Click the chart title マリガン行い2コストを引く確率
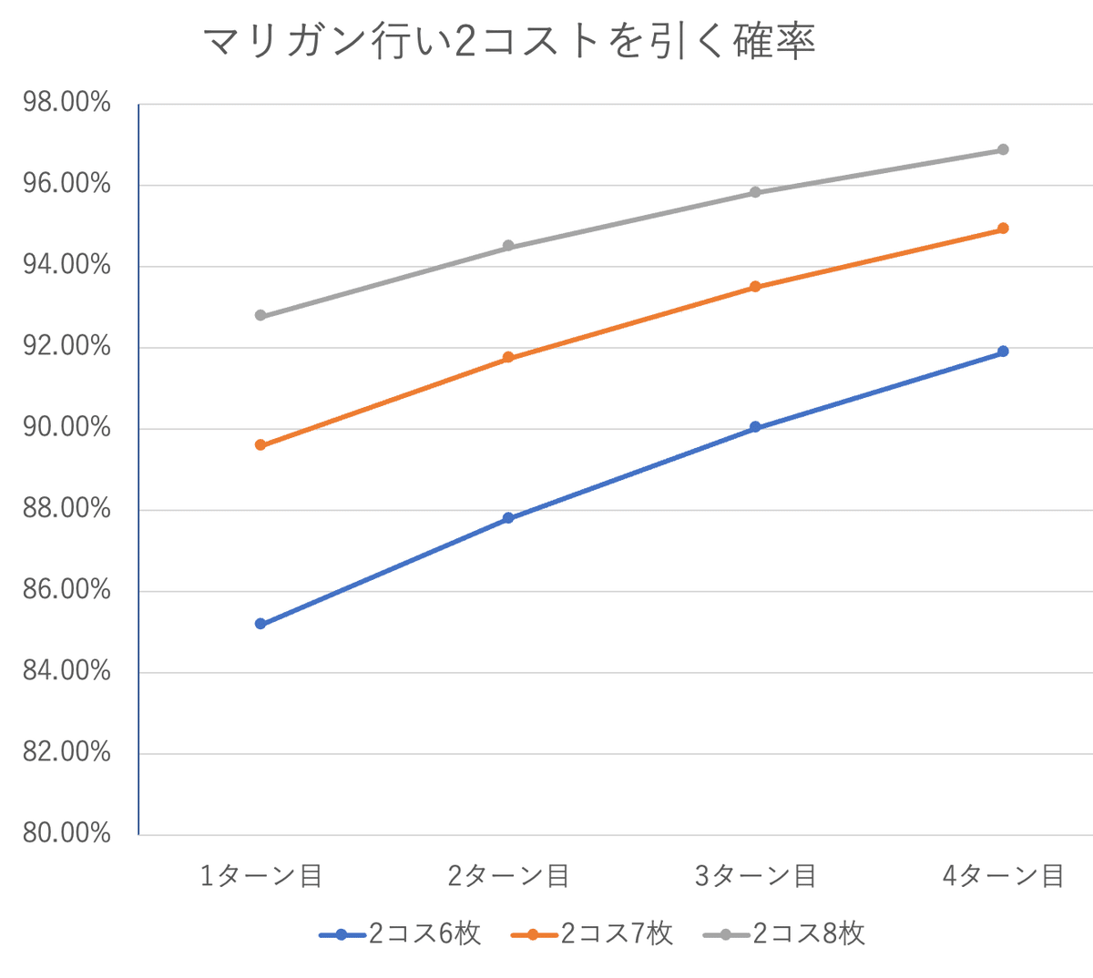507,42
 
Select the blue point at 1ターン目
260,624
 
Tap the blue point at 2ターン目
508,518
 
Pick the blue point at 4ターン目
1003,351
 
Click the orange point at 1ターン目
260,445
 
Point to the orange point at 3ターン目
755,287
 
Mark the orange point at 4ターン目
1003,229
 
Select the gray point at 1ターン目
260,315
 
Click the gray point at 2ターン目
508,246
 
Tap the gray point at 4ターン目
1003,149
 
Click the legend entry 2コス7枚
593,934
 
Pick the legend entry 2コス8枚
785,934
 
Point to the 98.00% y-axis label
66,103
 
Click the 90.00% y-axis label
66,427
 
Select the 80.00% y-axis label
66,833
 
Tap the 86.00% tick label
66,590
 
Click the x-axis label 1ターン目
260,876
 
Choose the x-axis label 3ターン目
755,876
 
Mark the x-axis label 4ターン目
1003,876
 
